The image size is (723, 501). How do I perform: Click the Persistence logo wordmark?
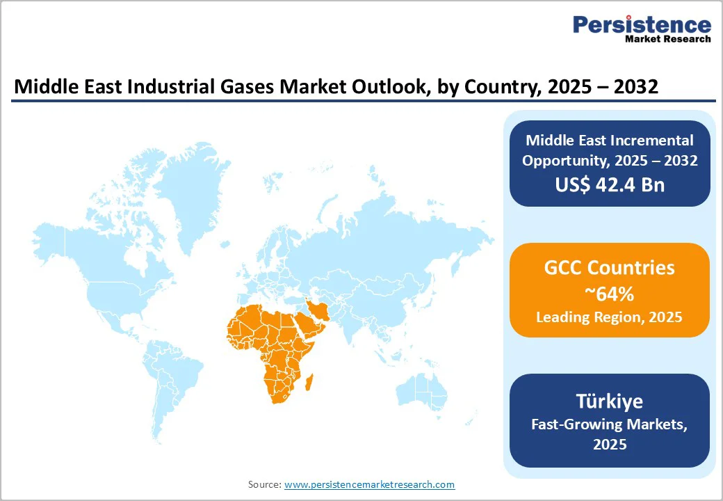pyautogui.click(x=642, y=25)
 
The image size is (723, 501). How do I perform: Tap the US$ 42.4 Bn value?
pyautogui.click(x=609, y=184)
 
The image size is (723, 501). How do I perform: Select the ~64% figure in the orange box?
pyautogui.click(x=609, y=294)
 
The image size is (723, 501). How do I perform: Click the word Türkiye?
pyautogui.click(x=609, y=401)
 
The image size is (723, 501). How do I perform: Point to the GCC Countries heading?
pyautogui.click(x=609, y=267)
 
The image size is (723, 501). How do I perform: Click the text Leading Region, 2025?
pyautogui.click(x=609, y=317)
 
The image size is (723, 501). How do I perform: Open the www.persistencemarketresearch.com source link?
pyautogui.click(x=369, y=484)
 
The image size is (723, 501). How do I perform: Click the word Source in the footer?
pyautogui.click(x=264, y=484)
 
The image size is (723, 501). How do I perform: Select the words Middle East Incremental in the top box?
pyautogui.click(x=609, y=141)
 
